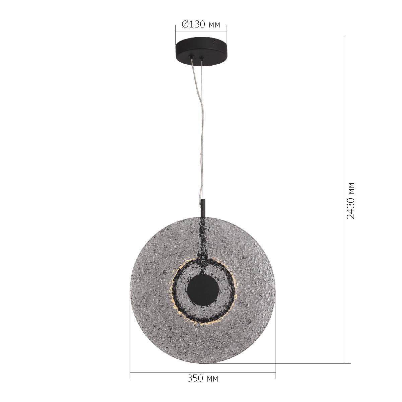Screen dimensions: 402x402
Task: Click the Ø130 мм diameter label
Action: [201, 24]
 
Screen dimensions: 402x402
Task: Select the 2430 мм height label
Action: [350, 201]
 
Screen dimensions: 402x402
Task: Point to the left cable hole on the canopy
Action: [191, 57]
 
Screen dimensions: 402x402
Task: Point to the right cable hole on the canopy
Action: [201, 58]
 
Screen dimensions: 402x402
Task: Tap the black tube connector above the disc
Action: [203, 208]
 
